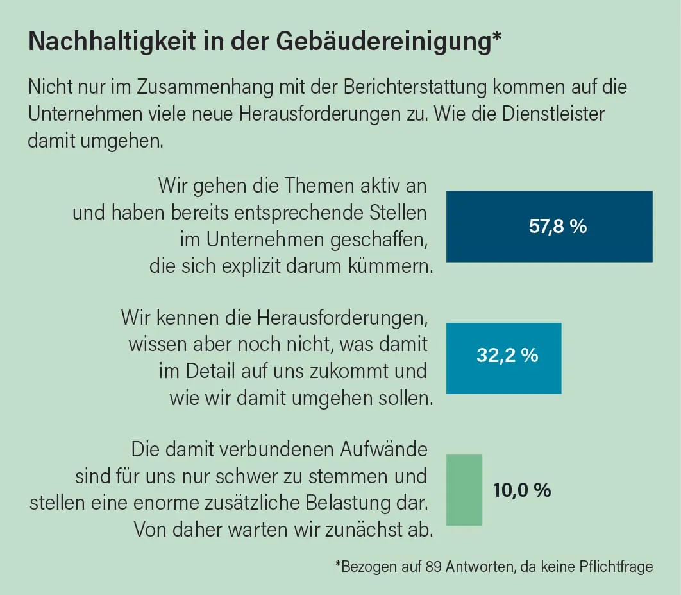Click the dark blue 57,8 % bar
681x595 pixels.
pyautogui.click(x=549, y=227)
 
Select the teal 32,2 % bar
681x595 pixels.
pyautogui.click(x=503, y=358)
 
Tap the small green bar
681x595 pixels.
pyautogui.click(x=464, y=490)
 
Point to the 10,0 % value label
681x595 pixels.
pyautogui.click(x=522, y=490)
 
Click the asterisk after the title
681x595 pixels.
pyautogui.click(x=496, y=37)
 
